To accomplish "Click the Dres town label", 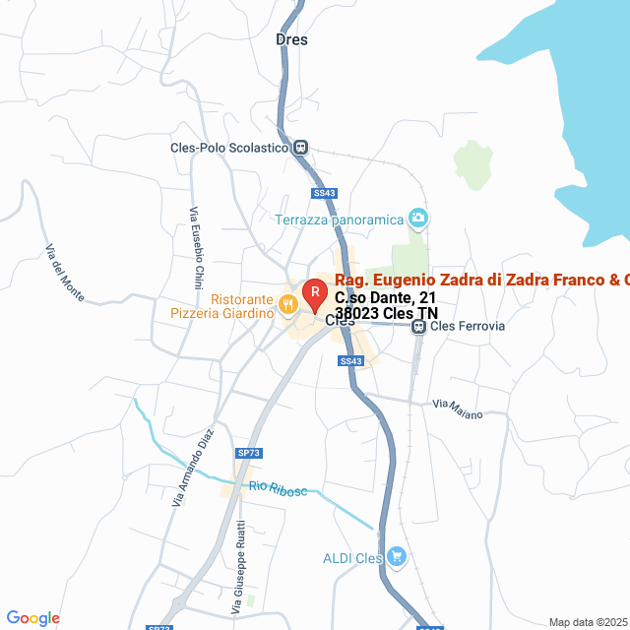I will (x=291, y=40).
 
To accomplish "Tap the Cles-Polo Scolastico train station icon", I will (x=300, y=148).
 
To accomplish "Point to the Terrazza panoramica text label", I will (x=340, y=219).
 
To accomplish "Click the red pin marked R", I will (x=314, y=293).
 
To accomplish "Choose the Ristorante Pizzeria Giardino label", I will (x=234, y=306).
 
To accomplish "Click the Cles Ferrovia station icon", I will (x=418, y=326).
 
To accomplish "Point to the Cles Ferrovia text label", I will (x=468, y=326).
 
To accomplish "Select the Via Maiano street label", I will (x=458, y=409).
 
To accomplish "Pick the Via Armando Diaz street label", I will (x=194, y=468).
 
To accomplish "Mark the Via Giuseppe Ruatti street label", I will (x=238, y=556).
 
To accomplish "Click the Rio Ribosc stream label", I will (x=278, y=488).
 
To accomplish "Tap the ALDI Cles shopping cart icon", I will (x=396, y=557).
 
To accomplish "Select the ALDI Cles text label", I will (x=352, y=558).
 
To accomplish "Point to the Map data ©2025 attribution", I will (x=588, y=622).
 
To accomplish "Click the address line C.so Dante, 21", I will (x=385, y=297).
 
